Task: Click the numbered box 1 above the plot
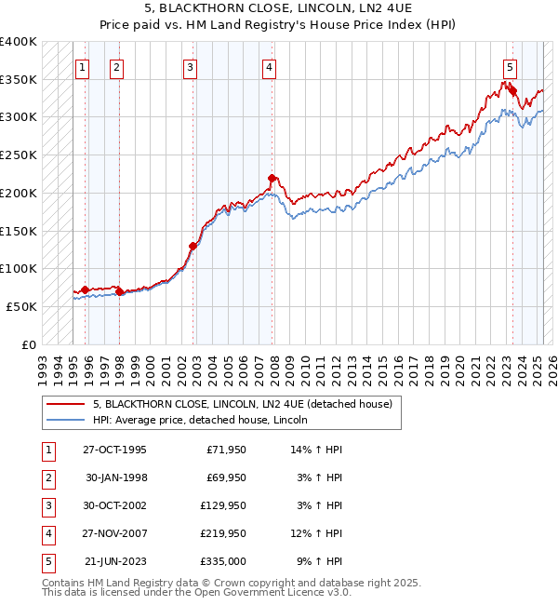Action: point(83,66)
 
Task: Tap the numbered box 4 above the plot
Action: point(268,66)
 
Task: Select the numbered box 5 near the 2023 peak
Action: point(511,66)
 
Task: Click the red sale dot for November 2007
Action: point(272,178)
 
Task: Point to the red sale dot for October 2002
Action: point(193,247)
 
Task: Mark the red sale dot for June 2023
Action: point(512,90)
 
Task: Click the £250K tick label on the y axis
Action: point(19,155)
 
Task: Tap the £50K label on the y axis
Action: point(22,305)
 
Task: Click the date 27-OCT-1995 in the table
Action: point(114,450)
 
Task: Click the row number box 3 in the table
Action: point(47,506)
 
